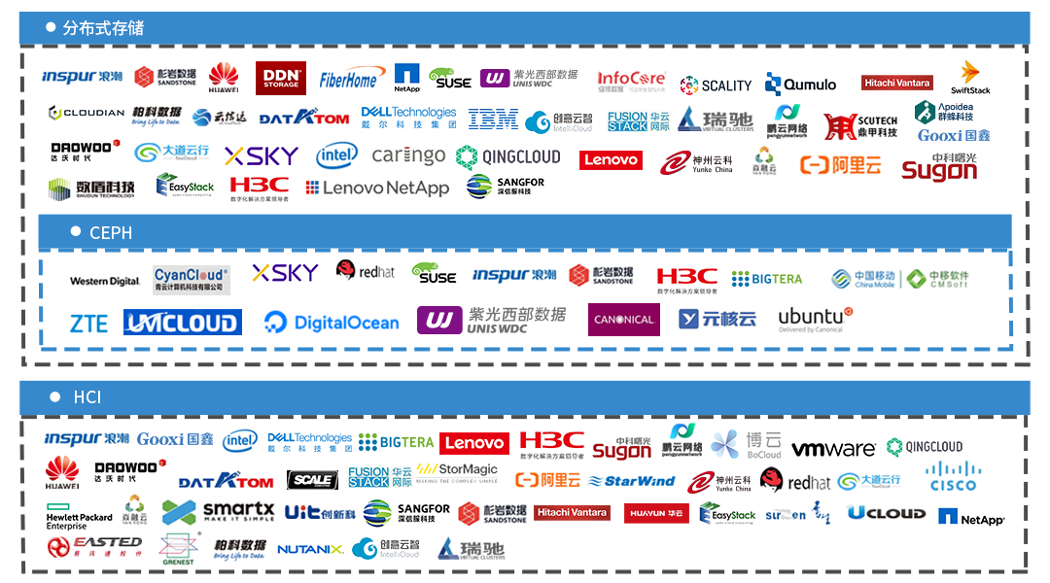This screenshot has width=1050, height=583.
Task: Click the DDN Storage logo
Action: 281,78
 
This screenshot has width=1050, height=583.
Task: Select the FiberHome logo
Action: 348,79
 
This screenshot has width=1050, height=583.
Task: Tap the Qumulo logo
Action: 800,85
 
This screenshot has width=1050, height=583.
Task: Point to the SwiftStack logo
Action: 970,78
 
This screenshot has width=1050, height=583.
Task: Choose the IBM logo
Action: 493,120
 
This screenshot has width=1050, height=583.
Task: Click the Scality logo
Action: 716,85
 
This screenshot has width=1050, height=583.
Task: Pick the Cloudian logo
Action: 87,113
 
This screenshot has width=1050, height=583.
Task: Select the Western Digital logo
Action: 105,281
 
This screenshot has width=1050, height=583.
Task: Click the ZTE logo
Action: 88,323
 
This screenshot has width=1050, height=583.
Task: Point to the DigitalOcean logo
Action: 332,323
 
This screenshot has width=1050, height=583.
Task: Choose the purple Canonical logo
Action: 623,320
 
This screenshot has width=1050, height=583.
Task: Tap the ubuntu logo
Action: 815,320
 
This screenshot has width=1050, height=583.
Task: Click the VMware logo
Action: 833,449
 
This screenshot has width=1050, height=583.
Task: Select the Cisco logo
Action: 953,476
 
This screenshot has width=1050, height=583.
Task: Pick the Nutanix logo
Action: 309,549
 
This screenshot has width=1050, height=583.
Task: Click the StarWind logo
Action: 632,481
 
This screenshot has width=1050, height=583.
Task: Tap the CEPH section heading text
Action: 111,233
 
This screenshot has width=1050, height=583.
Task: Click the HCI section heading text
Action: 87,397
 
